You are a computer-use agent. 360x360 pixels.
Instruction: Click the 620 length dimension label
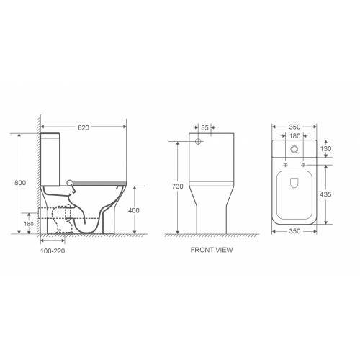pyautogui.click(x=84, y=127)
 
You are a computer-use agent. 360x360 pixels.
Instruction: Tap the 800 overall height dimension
pyautogui.click(x=20, y=183)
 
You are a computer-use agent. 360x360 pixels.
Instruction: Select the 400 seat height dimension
pyautogui.click(x=134, y=210)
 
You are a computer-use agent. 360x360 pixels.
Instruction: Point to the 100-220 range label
pyautogui.click(x=53, y=251)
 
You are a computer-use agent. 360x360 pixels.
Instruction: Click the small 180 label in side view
pyautogui.click(x=29, y=224)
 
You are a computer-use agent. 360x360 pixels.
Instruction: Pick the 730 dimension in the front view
pyautogui.click(x=178, y=186)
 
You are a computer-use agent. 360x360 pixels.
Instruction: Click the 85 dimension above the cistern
pyautogui.click(x=204, y=128)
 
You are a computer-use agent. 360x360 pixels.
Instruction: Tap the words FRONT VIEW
pyautogui.click(x=212, y=250)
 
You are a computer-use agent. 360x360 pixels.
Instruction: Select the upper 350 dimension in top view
pyautogui.click(x=294, y=127)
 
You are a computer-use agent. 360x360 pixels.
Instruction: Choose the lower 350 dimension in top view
pyautogui.click(x=294, y=231)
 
